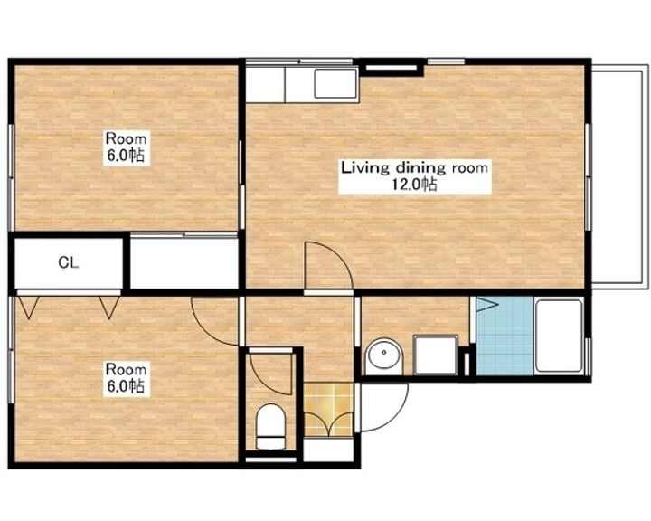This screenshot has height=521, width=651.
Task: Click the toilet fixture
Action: (270, 427)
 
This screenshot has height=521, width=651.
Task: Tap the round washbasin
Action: (384, 355)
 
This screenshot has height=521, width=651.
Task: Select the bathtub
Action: (560, 336)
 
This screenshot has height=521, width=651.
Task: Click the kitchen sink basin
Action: (335, 83)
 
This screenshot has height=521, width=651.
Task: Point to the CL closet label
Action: (69, 262)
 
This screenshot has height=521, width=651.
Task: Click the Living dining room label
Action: (414, 168)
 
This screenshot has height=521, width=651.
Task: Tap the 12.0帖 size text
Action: (414, 184)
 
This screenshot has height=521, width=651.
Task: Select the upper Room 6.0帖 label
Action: (126, 147)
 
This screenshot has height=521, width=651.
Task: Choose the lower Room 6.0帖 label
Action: (126, 378)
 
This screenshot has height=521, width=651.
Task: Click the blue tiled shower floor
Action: (505, 336)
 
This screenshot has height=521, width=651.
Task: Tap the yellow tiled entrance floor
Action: (328, 410)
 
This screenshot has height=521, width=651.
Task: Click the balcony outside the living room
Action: (620, 177)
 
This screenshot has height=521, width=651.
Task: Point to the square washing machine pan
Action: (435, 355)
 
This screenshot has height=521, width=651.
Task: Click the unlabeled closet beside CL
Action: (184, 262)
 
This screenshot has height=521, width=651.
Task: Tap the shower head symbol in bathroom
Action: (486, 304)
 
